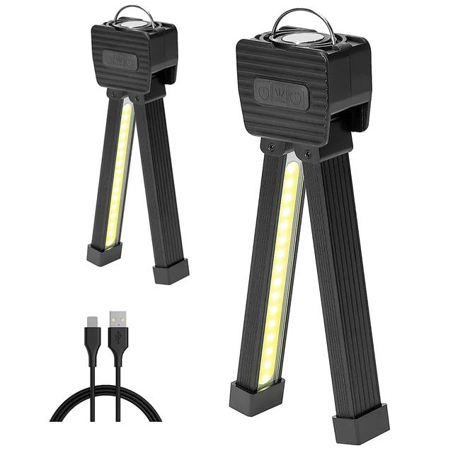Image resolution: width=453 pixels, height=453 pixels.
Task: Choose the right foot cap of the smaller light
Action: [171, 270]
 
